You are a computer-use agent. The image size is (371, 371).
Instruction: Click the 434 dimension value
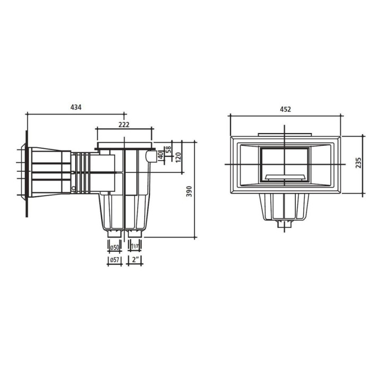pos(76,107)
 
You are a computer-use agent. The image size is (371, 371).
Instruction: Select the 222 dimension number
pos(124,125)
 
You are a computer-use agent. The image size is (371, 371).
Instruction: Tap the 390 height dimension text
pos(189,191)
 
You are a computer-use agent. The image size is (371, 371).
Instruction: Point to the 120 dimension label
pos(178,157)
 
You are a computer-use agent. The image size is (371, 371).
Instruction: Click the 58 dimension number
pos(168,149)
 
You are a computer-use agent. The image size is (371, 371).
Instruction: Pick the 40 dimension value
pos(161,155)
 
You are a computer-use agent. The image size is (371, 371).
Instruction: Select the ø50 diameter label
pos(114,248)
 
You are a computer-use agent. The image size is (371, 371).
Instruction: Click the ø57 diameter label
pos(114,260)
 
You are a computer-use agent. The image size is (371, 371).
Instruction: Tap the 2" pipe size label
pos(135,260)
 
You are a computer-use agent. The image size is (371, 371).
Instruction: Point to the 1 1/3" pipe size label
pos(135,246)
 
